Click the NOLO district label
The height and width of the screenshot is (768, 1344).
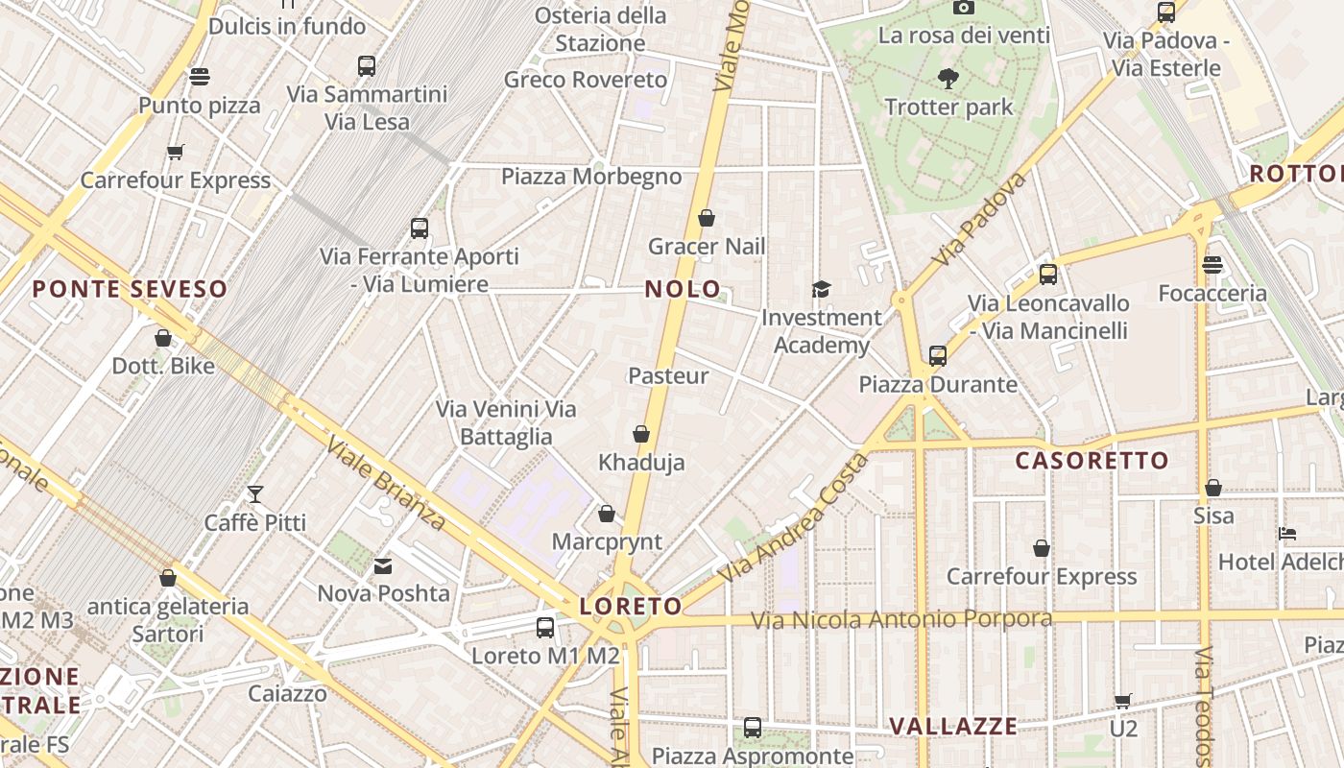(683, 289)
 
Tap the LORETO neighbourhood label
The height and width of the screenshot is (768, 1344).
(631, 606)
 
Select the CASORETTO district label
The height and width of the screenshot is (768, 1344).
(1092, 461)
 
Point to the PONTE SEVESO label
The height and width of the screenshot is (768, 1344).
(130, 289)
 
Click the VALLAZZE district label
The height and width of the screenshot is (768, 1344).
(953, 726)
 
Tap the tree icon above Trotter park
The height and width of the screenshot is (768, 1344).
(948, 79)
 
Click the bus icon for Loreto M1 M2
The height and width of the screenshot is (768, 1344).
(545, 628)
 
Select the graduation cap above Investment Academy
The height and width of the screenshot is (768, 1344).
(821, 289)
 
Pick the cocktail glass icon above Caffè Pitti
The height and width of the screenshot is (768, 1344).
(255, 494)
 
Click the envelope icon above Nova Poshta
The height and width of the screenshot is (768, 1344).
(383, 566)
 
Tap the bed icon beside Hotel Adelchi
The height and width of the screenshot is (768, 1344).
(1287, 534)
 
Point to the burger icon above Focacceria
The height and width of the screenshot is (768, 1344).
(1212, 265)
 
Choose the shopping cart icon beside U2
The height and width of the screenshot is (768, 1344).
(1122, 701)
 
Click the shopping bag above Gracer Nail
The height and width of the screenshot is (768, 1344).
(707, 218)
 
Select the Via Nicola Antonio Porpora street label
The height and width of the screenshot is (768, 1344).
(900, 619)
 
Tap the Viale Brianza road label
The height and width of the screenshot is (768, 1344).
(385, 483)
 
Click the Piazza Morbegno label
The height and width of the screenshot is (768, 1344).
(591, 177)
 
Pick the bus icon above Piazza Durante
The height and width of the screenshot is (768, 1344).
(938, 356)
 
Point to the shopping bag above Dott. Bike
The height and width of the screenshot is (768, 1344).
(163, 338)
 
